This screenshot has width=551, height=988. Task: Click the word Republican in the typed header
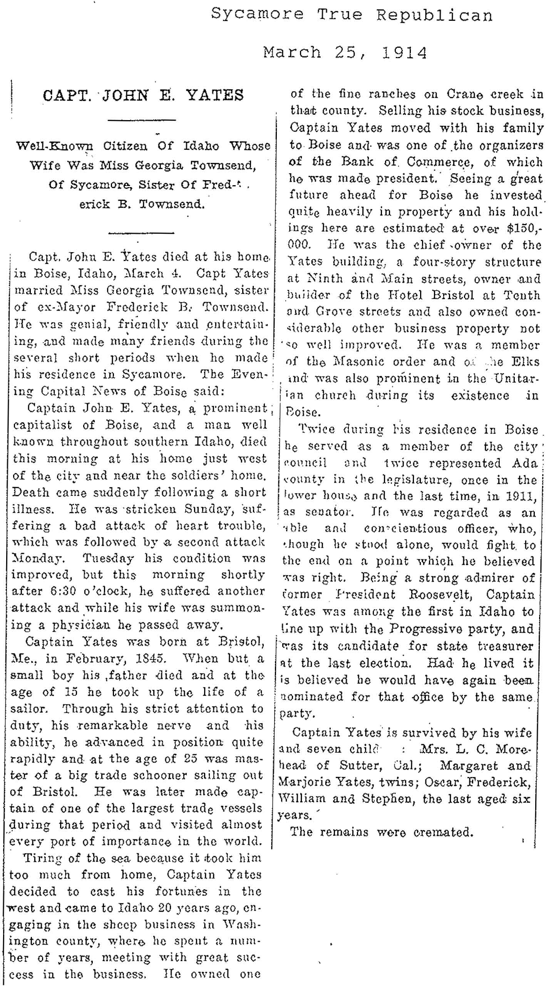(x=434, y=15)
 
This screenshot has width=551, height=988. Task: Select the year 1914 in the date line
(x=404, y=52)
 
